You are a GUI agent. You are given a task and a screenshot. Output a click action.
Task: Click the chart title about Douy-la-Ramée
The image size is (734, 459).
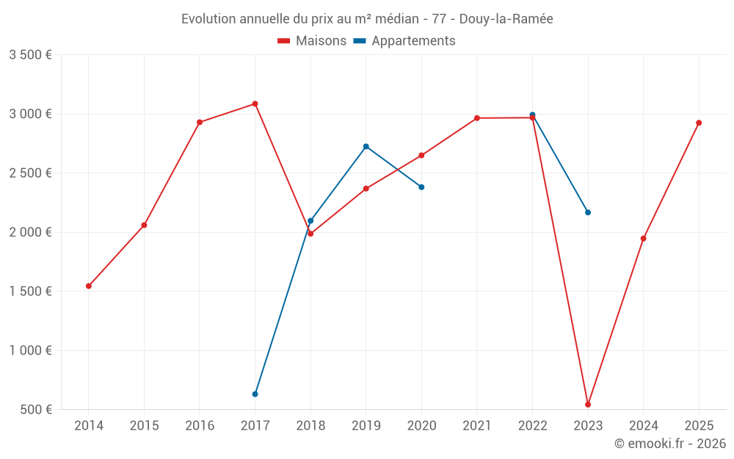click(367, 18)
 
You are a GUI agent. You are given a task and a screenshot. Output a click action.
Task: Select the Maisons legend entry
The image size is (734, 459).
click(312, 41)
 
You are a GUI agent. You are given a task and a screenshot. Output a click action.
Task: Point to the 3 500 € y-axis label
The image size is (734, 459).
click(30, 55)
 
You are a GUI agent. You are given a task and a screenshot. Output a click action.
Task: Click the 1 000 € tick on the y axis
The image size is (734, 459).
click(30, 350)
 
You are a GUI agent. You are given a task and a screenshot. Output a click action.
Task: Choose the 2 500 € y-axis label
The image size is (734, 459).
click(30, 173)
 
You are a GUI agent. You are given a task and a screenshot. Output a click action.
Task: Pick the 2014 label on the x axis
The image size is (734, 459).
click(89, 425)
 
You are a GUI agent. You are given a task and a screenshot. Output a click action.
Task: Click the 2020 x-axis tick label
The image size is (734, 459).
click(421, 425)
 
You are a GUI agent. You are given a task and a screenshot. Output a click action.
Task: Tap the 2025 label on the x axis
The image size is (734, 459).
click(699, 425)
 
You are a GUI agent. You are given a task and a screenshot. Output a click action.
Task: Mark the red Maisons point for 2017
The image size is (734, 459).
click(255, 104)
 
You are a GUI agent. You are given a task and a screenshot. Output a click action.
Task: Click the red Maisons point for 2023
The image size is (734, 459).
click(588, 405)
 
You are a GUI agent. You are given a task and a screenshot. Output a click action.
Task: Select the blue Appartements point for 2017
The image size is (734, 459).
click(255, 394)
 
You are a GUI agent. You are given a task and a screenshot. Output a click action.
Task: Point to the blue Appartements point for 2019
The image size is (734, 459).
click(366, 146)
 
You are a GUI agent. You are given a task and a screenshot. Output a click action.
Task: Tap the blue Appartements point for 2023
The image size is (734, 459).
click(588, 212)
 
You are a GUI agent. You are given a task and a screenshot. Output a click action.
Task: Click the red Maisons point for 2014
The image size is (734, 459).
click(89, 286)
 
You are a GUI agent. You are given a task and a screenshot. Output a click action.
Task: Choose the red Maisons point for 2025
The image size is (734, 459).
click(699, 123)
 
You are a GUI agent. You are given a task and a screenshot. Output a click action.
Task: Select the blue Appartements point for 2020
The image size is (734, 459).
click(421, 187)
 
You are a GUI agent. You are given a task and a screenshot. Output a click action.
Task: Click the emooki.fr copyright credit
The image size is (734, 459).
click(669, 444)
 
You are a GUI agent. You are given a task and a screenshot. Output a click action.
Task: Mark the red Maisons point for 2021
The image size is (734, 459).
click(477, 118)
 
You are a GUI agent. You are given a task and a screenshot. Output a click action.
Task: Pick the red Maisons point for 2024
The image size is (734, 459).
click(643, 239)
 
